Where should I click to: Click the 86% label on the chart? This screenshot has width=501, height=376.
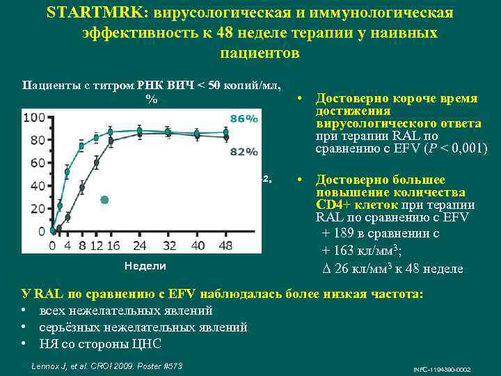[244, 119]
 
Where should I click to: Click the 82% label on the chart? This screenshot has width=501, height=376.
[244, 151]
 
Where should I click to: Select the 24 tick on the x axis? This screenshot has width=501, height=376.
[140, 246]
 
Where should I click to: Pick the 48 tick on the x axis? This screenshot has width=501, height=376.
[226, 246]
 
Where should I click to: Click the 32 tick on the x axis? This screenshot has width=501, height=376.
[168, 246]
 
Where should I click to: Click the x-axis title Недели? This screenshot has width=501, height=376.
[145, 265]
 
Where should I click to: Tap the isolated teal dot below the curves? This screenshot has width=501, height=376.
[104, 200]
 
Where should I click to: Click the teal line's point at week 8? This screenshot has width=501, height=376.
[81, 146]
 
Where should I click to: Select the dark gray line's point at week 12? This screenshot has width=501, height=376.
[96, 164]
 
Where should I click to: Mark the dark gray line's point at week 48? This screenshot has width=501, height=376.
[225, 138]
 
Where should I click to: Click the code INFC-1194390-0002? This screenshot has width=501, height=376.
[442, 368]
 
